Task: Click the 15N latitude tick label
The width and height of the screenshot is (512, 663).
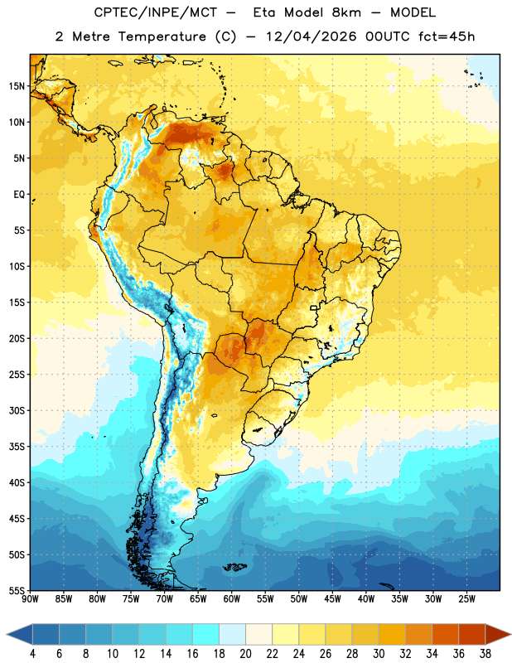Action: tap(17, 86)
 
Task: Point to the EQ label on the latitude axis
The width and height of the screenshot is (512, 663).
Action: tap(19, 195)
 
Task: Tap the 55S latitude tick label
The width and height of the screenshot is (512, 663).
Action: tap(17, 590)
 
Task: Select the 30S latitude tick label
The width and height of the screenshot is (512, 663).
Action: tap(17, 410)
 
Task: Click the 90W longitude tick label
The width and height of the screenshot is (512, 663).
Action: tap(30, 598)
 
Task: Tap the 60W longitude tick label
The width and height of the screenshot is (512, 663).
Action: tap(232, 598)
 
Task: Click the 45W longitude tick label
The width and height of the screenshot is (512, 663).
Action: tap(332, 598)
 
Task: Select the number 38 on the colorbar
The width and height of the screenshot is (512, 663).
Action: tap(485, 654)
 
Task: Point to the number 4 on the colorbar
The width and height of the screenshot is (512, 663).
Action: tap(32, 654)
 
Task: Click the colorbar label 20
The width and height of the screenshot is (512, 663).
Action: tap(245, 654)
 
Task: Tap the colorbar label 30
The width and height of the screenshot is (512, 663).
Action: tap(379, 654)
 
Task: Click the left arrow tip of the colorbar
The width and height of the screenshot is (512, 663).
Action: tap(7, 634)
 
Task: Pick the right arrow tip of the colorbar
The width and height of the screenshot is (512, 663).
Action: tap(510, 634)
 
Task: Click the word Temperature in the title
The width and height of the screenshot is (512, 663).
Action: tap(162, 36)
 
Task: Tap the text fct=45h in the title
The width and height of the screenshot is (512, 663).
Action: tap(447, 36)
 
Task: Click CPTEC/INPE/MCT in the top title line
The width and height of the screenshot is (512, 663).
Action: tap(155, 12)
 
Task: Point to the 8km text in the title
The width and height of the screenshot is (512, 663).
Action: tap(346, 12)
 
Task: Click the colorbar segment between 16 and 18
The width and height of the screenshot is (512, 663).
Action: tap(205, 634)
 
